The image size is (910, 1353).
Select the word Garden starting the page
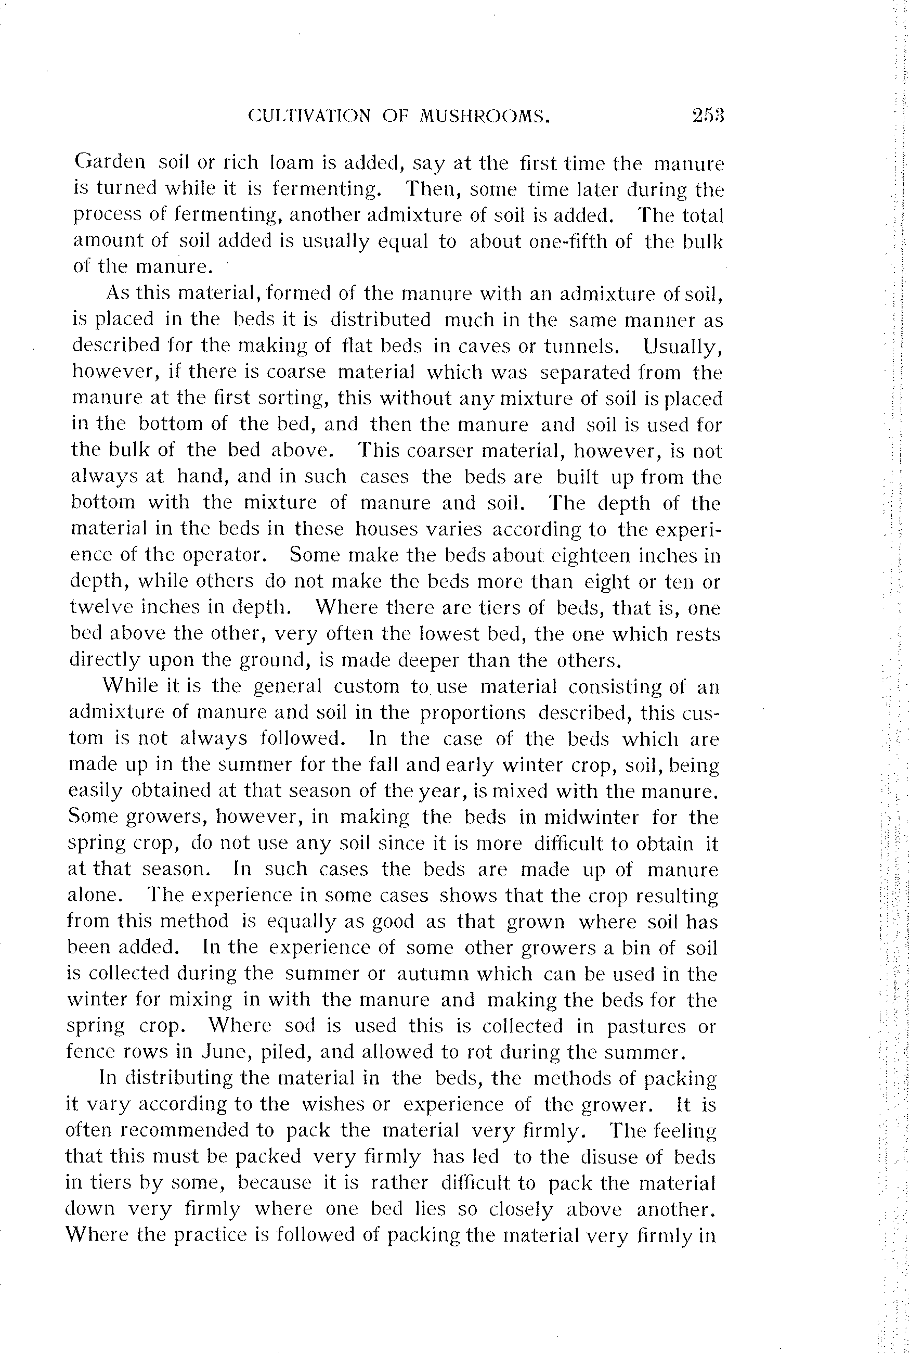(110, 162)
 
